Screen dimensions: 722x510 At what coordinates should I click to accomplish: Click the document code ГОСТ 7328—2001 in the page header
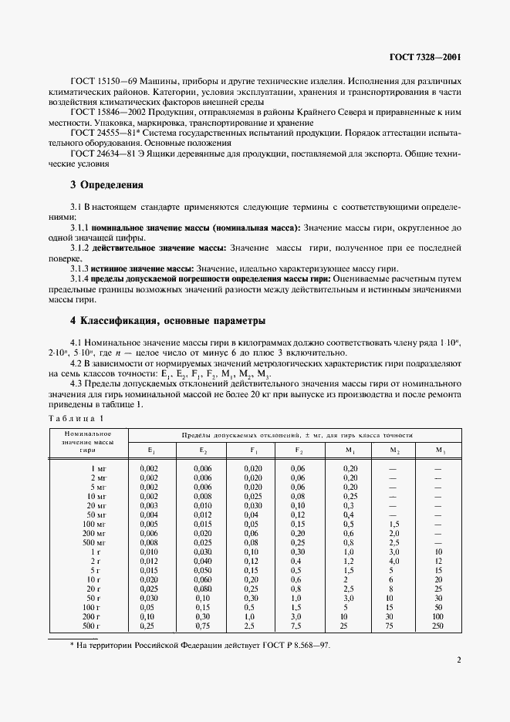(422, 56)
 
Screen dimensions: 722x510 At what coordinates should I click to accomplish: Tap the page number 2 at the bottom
(458, 660)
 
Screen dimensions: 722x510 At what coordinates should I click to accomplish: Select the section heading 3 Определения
(106, 185)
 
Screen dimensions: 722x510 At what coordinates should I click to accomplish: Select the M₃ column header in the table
(440, 449)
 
